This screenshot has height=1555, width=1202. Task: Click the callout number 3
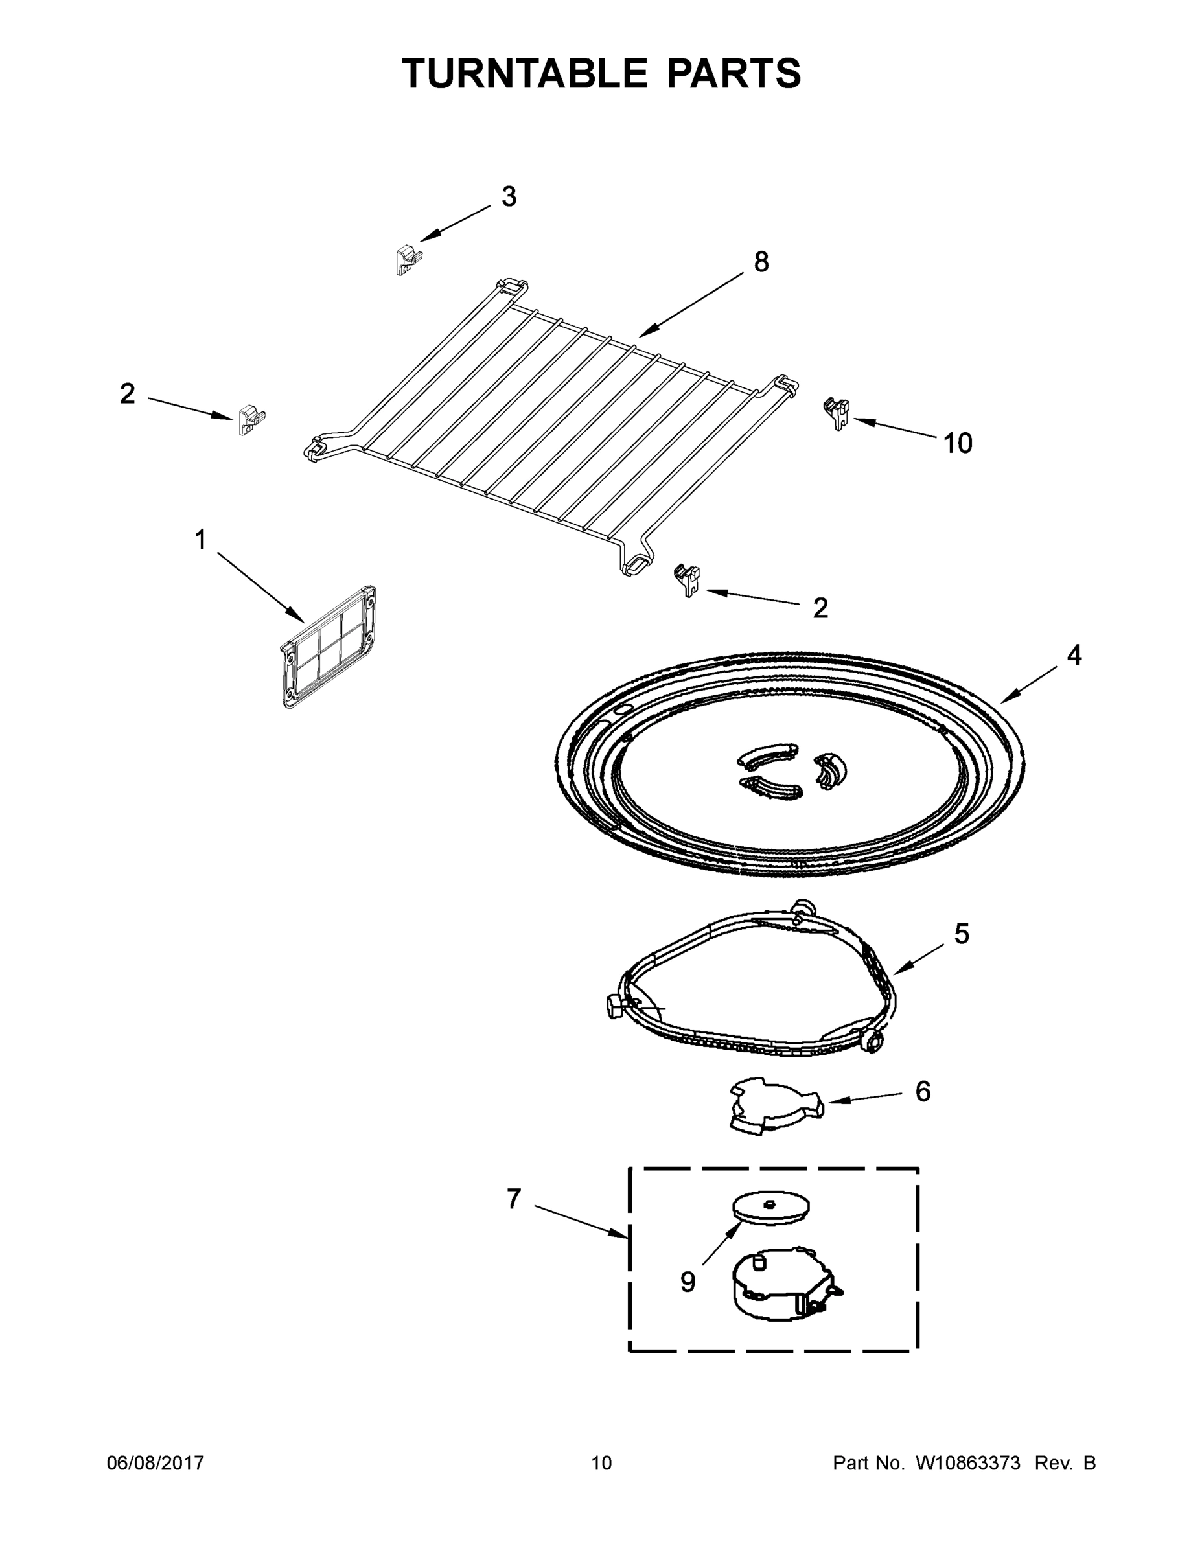509,197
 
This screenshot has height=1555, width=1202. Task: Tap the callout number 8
761,262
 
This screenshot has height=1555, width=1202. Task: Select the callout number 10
957,444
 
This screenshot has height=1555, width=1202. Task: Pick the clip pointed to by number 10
838,411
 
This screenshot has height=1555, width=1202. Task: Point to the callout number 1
201,540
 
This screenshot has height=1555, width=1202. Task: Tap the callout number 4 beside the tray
1074,656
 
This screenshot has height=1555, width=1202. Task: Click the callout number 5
962,934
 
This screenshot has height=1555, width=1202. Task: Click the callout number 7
514,1200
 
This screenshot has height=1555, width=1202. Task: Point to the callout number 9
687,1282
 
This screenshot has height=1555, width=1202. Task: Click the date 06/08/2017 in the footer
156,1463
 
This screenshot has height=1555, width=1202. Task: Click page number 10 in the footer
601,1463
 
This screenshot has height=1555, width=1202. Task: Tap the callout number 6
922,1092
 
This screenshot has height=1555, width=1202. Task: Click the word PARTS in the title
734,73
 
